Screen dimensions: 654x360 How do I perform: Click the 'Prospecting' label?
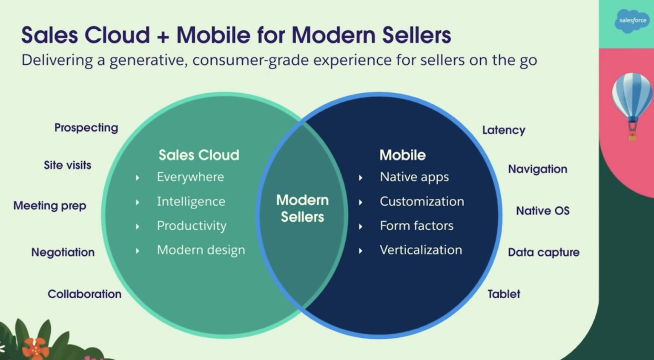86,128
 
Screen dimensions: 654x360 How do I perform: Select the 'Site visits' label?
67,165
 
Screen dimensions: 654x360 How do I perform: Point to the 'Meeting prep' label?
50,206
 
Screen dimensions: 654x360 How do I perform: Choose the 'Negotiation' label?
63,252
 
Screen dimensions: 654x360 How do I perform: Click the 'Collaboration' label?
85,294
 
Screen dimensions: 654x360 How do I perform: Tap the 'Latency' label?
504,130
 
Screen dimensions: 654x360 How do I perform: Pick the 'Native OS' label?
543,211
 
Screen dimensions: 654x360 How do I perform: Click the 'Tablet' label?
504,294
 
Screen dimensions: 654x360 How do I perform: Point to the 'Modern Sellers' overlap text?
302,209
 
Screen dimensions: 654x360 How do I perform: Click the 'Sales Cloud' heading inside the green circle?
199,155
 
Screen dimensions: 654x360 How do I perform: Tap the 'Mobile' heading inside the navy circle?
403,155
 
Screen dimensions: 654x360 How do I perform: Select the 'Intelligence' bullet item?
191,202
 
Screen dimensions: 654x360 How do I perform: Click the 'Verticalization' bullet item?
421,250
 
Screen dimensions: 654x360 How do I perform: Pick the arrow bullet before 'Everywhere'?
138,178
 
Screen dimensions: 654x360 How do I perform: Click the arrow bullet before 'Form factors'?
361,227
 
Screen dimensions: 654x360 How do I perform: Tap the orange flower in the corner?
35,349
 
